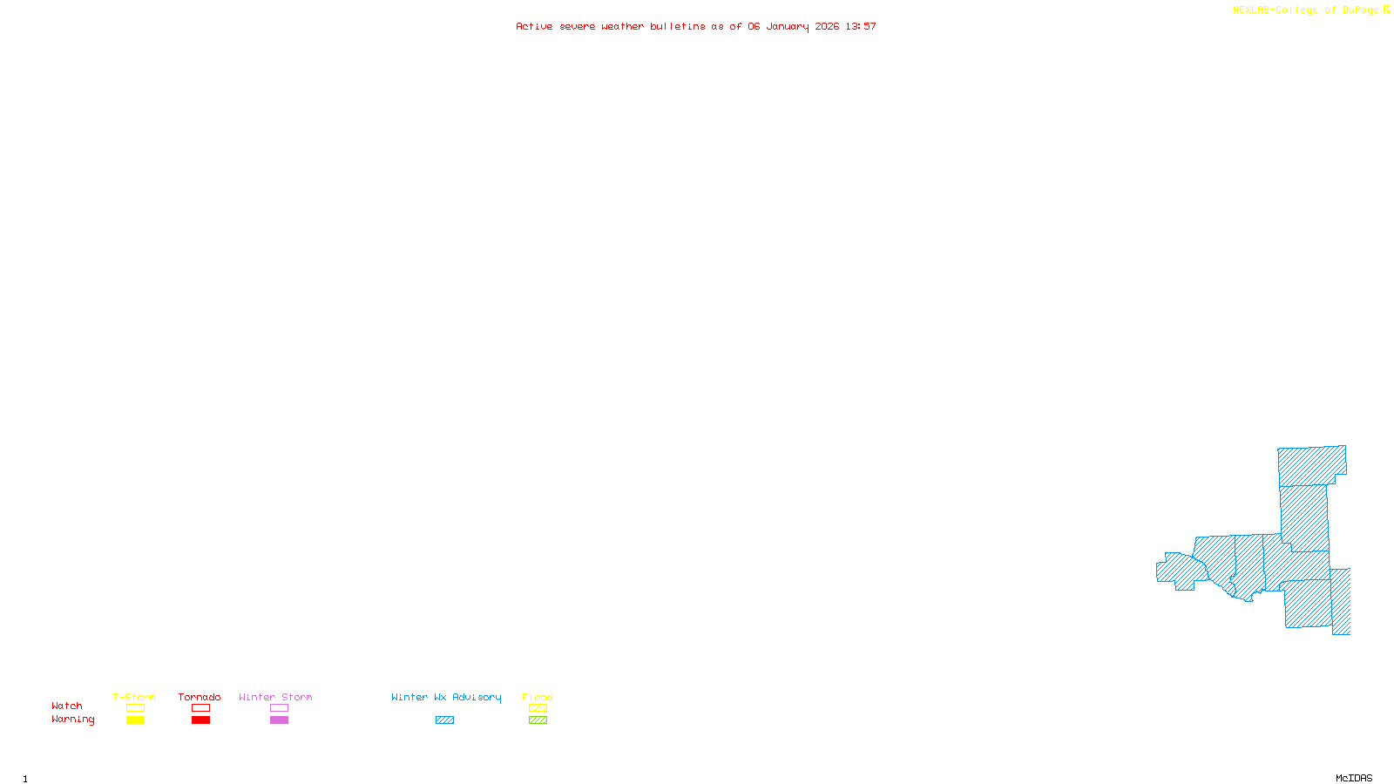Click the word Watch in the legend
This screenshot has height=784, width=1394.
[x=67, y=706]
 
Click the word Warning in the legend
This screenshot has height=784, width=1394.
[x=72, y=720]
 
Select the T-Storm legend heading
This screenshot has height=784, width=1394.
[x=134, y=697]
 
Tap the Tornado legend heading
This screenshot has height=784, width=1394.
[x=200, y=697]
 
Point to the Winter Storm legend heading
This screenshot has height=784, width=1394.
[x=275, y=697]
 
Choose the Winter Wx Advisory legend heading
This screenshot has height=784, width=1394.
[x=446, y=697]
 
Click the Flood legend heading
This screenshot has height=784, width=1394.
[x=538, y=697]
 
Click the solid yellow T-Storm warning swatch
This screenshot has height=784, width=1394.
[x=135, y=720]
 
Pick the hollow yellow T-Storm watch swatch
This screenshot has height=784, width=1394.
[x=135, y=708]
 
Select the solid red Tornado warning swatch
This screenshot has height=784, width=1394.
[x=200, y=720]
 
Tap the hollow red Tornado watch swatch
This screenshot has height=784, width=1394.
[x=200, y=708]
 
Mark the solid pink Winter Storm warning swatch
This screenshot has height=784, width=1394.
[x=279, y=720]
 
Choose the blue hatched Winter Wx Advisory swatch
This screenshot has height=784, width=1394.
[x=444, y=720]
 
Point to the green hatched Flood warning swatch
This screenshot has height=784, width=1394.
[x=538, y=720]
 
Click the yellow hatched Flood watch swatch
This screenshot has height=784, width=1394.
[x=538, y=708]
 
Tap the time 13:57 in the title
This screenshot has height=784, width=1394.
[x=861, y=26]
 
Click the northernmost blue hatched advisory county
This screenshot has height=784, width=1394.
[x=1311, y=465]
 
